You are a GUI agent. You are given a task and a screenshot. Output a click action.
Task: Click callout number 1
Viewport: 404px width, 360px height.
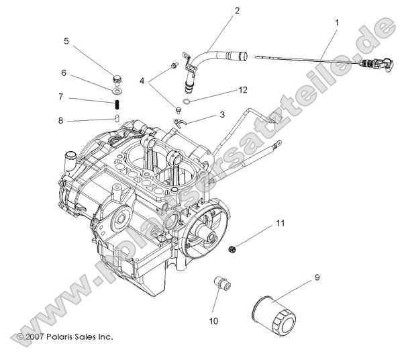[336, 22]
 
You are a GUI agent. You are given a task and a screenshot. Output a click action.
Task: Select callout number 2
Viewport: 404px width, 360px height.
[237, 11]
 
